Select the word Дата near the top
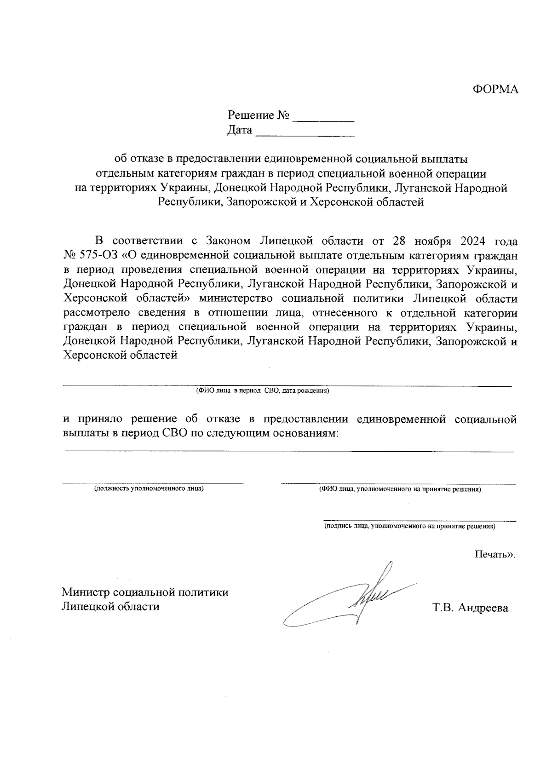tap(240, 131)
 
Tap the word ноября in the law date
tap(431, 241)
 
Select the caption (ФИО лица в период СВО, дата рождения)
tap(262, 391)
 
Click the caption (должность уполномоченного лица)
tap(149, 488)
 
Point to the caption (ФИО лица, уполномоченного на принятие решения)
tap(400, 489)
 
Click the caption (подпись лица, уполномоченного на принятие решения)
tap(409, 526)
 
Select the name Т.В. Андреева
tap(470, 608)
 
